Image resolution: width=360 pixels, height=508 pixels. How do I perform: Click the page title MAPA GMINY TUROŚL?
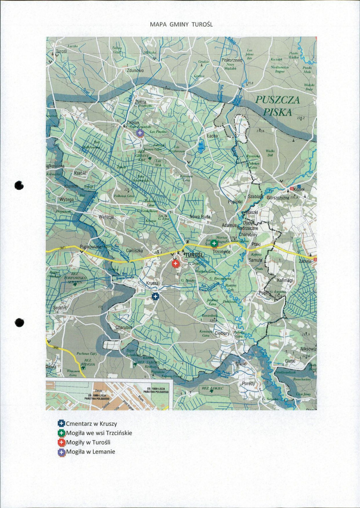[x=181, y=24]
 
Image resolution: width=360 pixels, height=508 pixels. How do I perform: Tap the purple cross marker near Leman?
[x=140, y=133]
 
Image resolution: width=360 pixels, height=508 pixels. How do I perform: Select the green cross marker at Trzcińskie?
[x=214, y=243]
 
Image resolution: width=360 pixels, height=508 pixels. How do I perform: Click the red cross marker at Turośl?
[x=175, y=264]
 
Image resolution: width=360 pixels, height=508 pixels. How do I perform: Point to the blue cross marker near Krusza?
[x=155, y=297]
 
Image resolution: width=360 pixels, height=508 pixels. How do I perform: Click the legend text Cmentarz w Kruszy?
[x=91, y=423]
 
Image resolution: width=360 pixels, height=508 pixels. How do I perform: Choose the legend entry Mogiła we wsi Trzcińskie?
[x=99, y=433]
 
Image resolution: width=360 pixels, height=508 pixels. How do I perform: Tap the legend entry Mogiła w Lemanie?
[x=90, y=452]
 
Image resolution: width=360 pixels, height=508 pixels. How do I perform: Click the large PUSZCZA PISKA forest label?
[x=278, y=106]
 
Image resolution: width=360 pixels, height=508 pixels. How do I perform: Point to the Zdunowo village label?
[x=135, y=71]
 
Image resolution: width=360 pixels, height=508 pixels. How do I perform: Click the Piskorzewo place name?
[x=232, y=61]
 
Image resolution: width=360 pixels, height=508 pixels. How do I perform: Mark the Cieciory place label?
[x=222, y=333]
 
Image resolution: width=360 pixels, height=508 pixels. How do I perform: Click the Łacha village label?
[x=212, y=136]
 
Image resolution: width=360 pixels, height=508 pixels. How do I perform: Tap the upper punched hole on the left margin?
[x=19, y=185]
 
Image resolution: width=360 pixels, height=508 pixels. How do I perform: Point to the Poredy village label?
[x=248, y=383]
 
